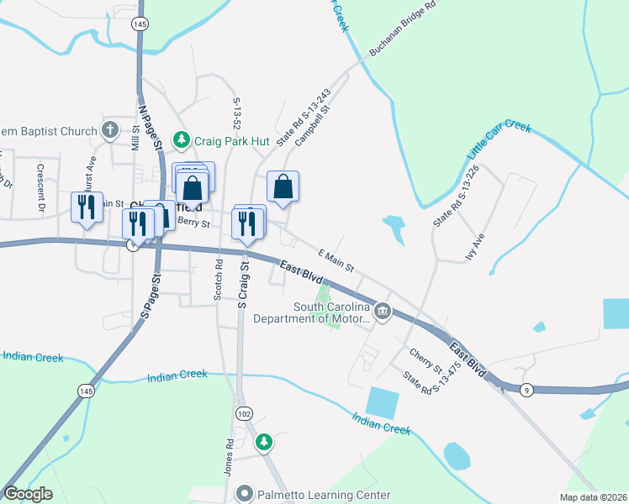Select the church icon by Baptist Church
pyautogui.click(x=109, y=130)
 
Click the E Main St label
pyautogui.click(x=336, y=260)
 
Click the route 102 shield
pyautogui.click(x=245, y=413)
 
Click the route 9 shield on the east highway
pyautogui.click(x=526, y=389)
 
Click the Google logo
pyautogui.click(x=28, y=494)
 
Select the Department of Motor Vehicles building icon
pyautogui.click(x=383, y=312)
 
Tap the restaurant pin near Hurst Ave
pyautogui.click(x=87, y=206)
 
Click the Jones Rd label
pyautogui.click(x=229, y=454)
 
